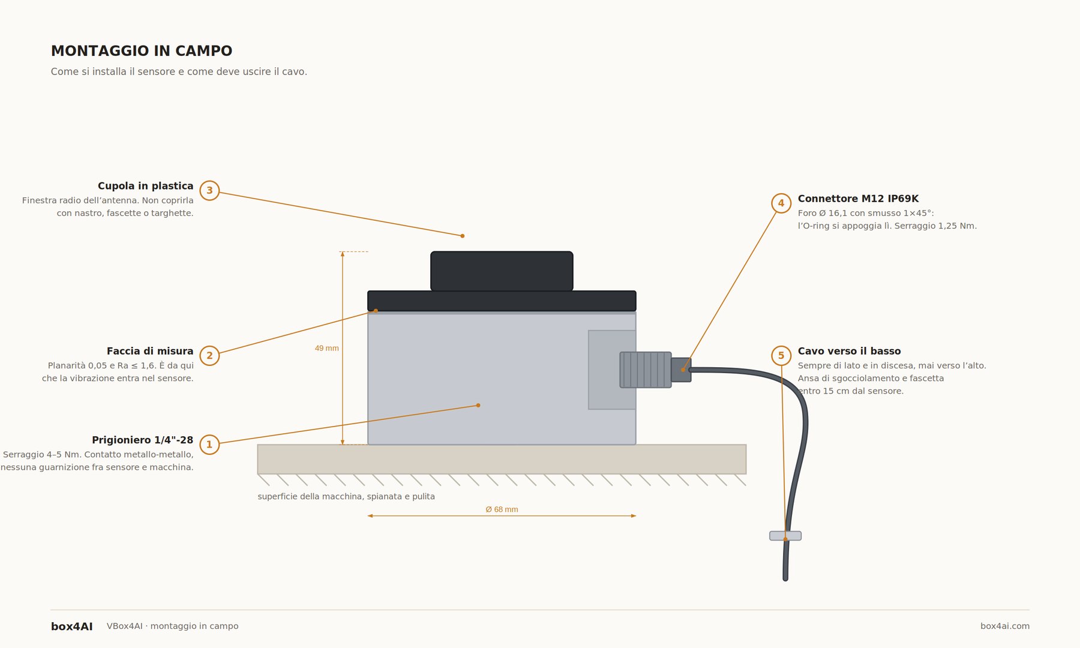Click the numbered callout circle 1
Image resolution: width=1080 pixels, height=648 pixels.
pos(209,445)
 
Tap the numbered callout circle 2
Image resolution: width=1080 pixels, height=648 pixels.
pos(209,356)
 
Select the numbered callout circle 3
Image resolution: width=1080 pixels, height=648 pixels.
pos(209,191)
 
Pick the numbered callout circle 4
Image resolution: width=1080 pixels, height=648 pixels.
pos(781,203)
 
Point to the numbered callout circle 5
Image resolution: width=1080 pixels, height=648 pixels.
pos(781,356)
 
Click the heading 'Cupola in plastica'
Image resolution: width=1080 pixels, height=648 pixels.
pos(146,186)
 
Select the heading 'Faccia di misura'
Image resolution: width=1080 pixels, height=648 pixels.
pos(150,351)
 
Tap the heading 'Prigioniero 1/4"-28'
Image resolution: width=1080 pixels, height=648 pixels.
pos(143,440)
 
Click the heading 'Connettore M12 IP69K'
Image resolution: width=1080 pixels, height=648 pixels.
pos(858,199)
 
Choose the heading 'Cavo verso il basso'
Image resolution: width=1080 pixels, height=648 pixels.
pos(849,351)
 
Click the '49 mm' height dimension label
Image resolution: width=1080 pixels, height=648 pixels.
pos(327,348)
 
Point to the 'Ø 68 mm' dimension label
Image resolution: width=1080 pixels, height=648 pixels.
pos(502,509)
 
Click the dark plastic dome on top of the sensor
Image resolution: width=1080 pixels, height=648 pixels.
pos(502,271)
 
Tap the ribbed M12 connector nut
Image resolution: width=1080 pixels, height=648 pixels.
pos(646,370)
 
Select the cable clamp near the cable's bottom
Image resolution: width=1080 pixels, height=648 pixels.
pos(785,536)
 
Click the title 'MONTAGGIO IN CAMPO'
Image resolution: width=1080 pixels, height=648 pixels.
pos(142,51)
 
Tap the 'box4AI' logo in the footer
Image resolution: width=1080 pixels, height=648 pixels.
pos(72,626)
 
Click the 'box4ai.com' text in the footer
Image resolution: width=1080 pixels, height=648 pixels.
pos(1005,626)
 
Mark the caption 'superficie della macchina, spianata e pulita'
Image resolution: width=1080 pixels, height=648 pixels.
pos(346,497)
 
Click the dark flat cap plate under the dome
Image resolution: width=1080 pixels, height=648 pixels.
pos(502,301)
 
